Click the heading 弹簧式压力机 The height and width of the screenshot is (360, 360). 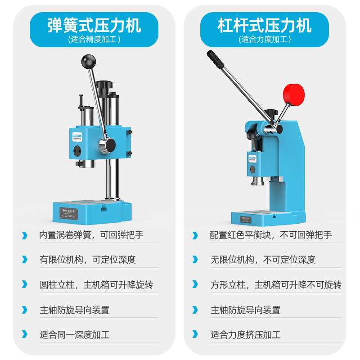click(x=94, y=25)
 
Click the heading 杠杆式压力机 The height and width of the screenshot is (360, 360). click(x=265, y=25)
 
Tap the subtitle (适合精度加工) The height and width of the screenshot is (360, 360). click(x=94, y=39)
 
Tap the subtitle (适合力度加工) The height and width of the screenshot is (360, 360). click(x=265, y=39)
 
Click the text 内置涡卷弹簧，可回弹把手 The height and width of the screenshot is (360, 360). click(x=92, y=235)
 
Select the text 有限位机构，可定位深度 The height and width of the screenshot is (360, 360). click(x=87, y=260)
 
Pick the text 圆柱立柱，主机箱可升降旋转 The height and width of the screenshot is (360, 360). click(x=96, y=285)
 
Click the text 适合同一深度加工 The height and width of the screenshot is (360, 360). click(x=74, y=335)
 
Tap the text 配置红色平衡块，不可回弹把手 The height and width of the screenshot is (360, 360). click(x=271, y=235)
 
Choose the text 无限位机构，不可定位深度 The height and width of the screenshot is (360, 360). click(x=263, y=260)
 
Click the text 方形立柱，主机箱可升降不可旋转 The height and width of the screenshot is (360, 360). click(x=276, y=285)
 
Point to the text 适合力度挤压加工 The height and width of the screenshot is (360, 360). click(x=245, y=335)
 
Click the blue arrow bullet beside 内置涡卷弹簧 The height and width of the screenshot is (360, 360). click(x=24, y=235)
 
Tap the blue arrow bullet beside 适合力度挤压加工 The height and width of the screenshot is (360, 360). click(x=195, y=335)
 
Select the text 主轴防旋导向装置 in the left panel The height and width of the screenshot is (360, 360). click(x=74, y=310)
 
